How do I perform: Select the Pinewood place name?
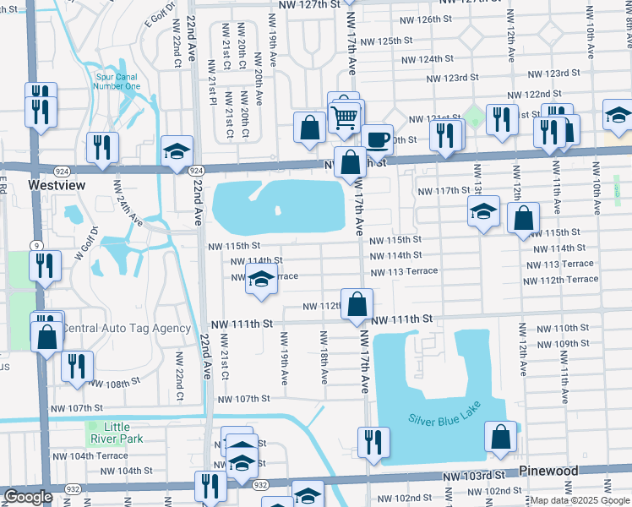548,471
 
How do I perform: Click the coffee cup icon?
377,138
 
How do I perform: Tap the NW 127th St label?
306,4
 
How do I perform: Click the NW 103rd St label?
477,477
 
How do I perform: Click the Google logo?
28,497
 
